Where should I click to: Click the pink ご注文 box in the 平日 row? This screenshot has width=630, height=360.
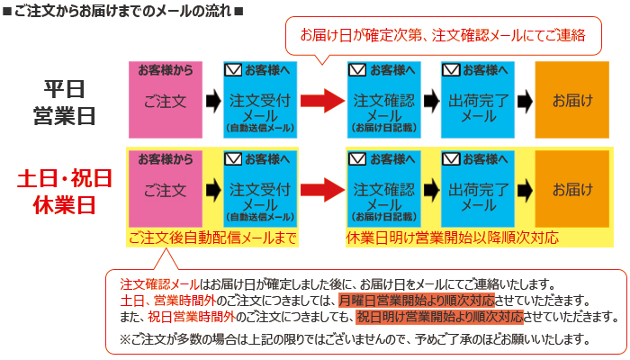pos(166,99)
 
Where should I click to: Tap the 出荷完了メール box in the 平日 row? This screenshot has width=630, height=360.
pos(477,99)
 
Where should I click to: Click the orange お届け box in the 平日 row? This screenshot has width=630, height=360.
pos(572,99)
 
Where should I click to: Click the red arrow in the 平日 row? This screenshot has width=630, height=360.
pos(321,100)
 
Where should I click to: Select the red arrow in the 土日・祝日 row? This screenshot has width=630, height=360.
pos(321,190)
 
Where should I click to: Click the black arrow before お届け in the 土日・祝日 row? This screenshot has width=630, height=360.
pos(525,190)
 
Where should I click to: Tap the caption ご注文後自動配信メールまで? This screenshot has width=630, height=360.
pos(212,238)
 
